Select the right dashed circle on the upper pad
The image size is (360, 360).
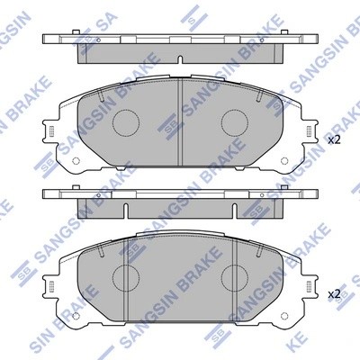[x=235, y=122]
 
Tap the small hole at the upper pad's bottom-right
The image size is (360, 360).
[x=286, y=164]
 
